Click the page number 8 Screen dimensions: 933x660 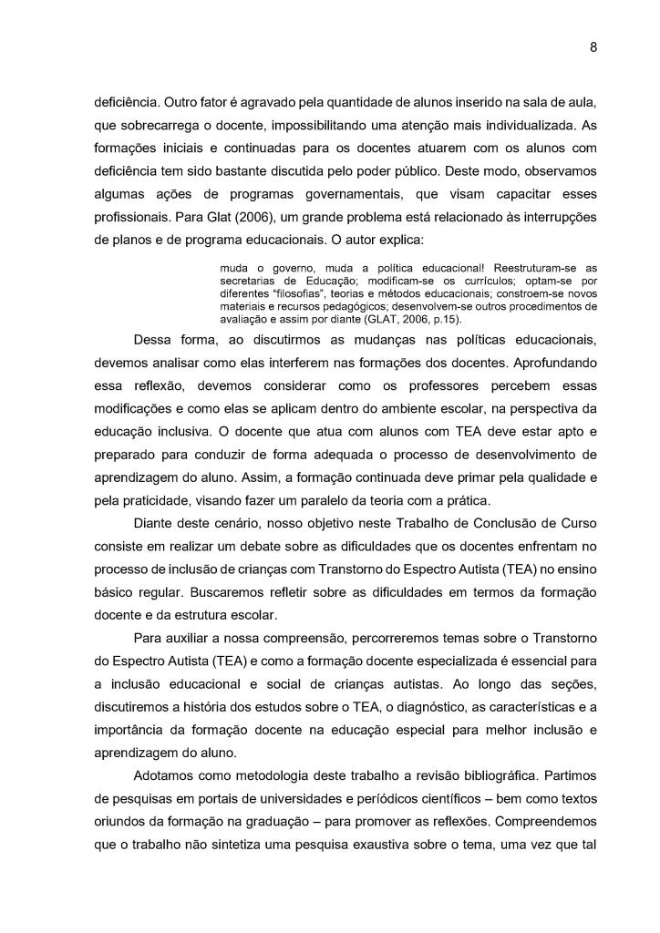(x=593, y=48)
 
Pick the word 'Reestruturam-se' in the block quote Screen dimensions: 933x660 (x=530, y=268)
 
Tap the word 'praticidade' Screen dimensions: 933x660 (x=160, y=501)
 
